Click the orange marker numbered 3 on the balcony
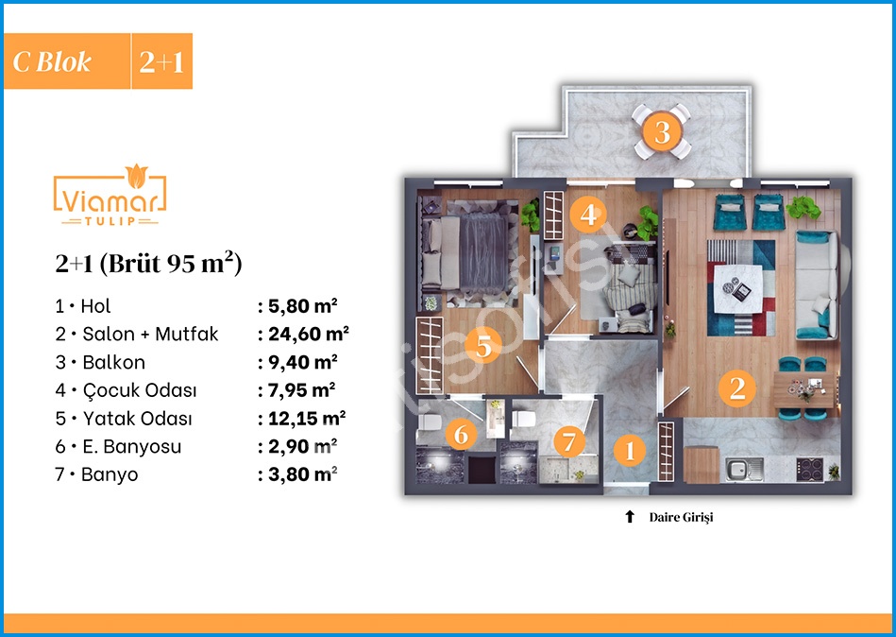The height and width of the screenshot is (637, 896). (662, 131)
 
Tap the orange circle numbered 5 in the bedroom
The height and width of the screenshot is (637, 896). (483, 346)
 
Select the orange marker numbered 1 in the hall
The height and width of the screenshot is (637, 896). (630, 450)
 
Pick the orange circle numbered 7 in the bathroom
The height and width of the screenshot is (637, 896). (568, 441)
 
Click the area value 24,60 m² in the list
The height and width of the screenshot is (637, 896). (309, 334)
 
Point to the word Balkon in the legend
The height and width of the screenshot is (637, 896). (113, 362)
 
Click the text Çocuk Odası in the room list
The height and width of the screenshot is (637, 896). (140, 390)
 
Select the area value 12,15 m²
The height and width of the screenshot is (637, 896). (307, 418)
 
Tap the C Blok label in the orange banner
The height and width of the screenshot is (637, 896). (52, 61)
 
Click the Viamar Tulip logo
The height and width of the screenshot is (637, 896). (110, 196)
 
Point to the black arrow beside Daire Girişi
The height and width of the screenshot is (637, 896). (630, 517)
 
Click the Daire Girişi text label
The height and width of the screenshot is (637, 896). (681, 518)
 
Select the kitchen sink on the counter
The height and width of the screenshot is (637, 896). (745, 470)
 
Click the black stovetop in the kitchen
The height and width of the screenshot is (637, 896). (810, 470)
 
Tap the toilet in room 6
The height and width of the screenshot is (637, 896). (430, 422)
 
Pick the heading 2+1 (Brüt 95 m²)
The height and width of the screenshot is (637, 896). (148, 263)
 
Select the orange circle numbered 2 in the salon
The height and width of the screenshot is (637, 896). (737, 388)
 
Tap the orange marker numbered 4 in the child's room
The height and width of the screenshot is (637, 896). (588, 215)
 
